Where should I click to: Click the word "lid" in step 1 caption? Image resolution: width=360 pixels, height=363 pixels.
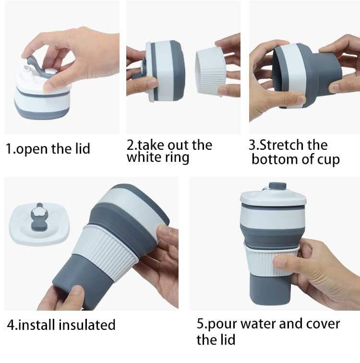83,148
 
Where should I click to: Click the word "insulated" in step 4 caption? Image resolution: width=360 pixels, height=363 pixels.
87,325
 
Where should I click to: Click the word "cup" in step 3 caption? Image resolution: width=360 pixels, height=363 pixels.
328,160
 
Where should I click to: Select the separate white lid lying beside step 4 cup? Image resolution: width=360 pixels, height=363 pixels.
39,223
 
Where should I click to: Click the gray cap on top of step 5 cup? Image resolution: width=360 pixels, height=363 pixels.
277,186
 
